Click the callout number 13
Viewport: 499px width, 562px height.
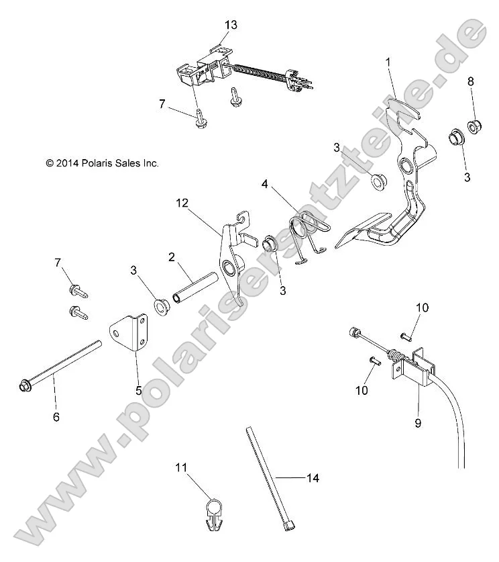(231, 25)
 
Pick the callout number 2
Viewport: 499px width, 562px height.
(172, 256)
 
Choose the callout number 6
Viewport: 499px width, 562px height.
(56, 416)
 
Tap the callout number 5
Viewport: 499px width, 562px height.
(139, 389)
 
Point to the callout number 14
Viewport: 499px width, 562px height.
(313, 478)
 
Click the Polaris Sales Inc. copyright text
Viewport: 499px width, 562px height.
(83, 163)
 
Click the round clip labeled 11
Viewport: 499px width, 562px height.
(212, 510)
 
